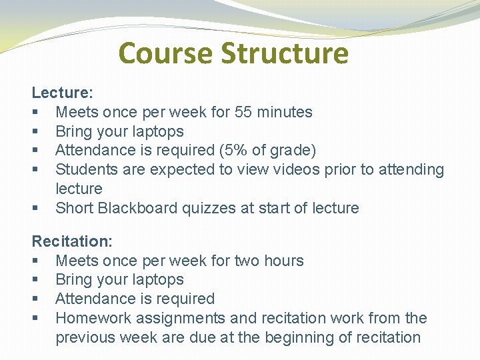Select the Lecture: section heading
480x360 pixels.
pyautogui.click(x=63, y=93)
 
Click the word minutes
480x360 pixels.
pyautogui.click(x=285, y=112)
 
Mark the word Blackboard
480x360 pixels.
pyautogui.click(x=137, y=209)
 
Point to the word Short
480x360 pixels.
pyautogui.click(x=74, y=209)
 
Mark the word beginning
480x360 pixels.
pyautogui.click(x=296, y=338)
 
